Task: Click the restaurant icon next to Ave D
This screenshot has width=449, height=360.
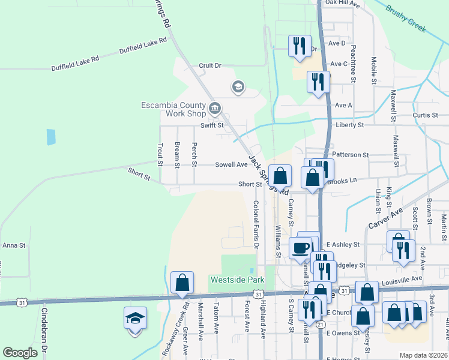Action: [299, 46]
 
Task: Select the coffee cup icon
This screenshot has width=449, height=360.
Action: [300, 247]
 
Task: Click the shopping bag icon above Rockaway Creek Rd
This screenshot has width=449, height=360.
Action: [182, 283]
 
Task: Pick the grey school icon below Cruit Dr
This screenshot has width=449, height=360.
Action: [238, 88]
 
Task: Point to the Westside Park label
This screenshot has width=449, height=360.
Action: [229, 280]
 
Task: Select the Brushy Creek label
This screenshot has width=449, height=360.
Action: [406, 18]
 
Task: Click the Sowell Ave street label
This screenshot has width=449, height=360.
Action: [232, 164]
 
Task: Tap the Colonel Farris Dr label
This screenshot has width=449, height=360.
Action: [256, 224]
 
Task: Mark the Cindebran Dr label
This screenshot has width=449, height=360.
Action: [44, 330]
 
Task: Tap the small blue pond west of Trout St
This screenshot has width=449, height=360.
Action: [51, 137]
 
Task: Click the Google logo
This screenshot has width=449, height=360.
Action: [20, 353]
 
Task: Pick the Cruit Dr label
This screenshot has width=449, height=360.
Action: [210, 65]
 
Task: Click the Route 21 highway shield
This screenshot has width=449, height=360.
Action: [321, 324]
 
